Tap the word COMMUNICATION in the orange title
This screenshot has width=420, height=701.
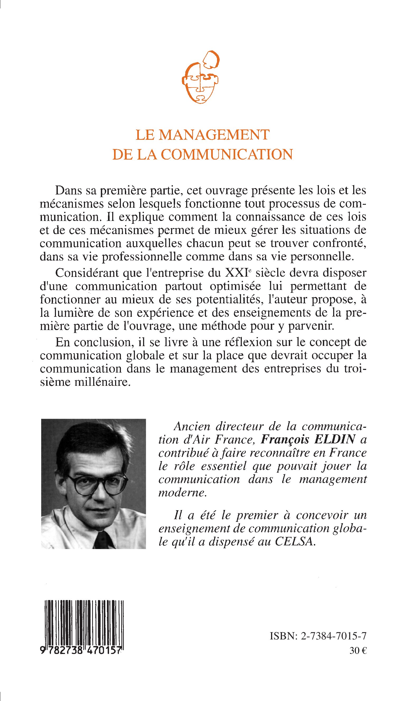(x=227, y=154)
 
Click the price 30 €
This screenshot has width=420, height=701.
(x=358, y=651)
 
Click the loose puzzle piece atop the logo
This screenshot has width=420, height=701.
(x=212, y=59)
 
